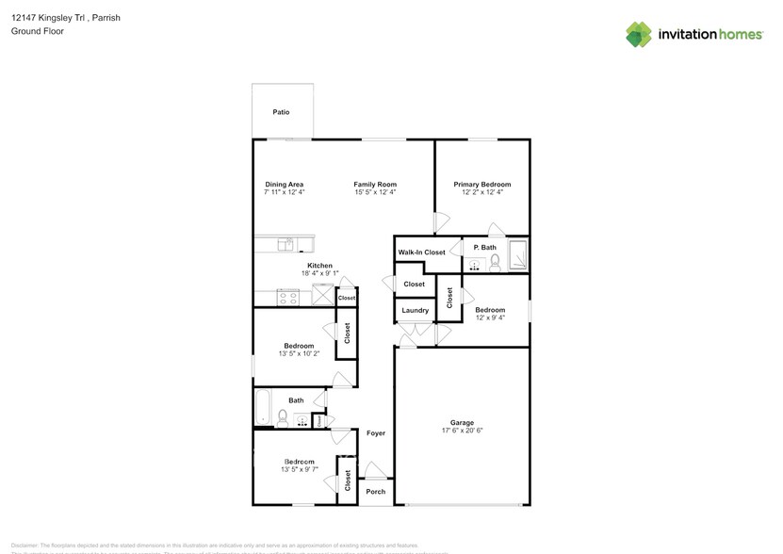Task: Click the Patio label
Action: pyautogui.click(x=281, y=112)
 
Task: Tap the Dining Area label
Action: pyautogui.click(x=284, y=185)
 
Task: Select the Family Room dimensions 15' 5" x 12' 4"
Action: pyautogui.click(x=375, y=192)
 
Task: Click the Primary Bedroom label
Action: pyautogui.click(x=481, y=185)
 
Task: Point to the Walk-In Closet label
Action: pyautogui.click(x=421, y=253)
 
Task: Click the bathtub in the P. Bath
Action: pyautogui.click(x=518, y=255)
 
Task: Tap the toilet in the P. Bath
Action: pyautogui.click(x=495, y=261)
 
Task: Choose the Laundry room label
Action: pyautogui.click(x=416, y=310)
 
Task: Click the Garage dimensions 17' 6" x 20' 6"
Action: pyautogui.click(x=462, y=431)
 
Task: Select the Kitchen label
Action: pyautogui.click(x=319, y=266)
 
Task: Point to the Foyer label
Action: pyautogui.click(x=376, y=433)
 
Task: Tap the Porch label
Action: pyautogui.click(x=376, y=492)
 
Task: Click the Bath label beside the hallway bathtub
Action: pyautogui.click(x=296, y=400)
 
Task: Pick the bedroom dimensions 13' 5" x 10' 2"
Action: pyautogui.click(x=299, y=354)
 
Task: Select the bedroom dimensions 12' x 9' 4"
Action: pyautogui.click(x=490, y=318)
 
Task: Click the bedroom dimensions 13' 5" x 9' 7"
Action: pyautogui.click(x=299, y=469)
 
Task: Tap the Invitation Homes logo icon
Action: pyautogui.click(x=640, y=35)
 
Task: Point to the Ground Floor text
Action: pyautogui.click(x=38, y=31)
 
